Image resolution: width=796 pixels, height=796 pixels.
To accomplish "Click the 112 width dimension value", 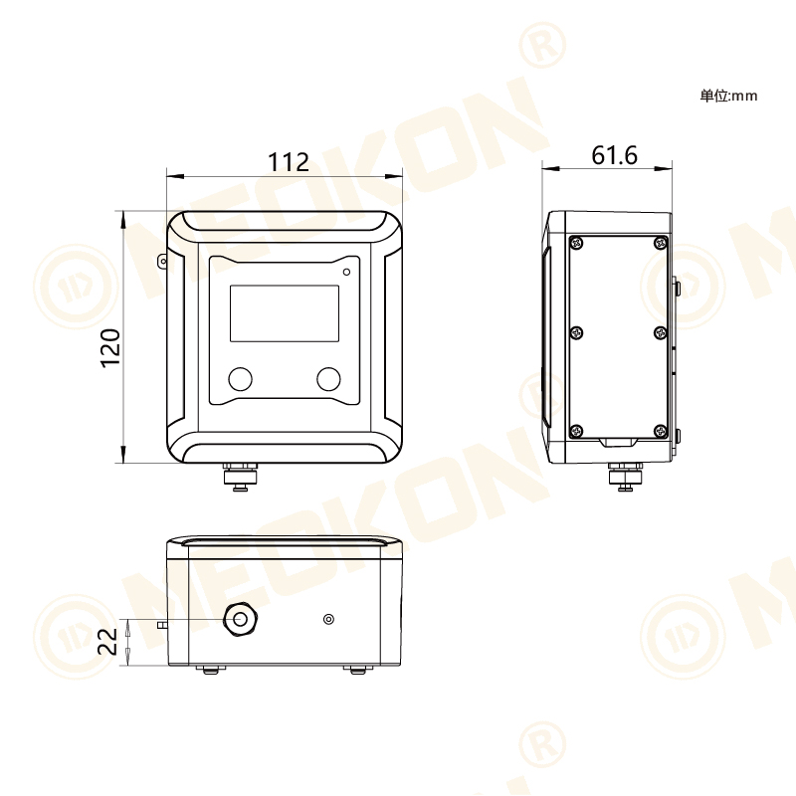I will (x=289, y=161).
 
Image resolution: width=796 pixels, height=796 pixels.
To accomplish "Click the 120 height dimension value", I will (x=110, y=347).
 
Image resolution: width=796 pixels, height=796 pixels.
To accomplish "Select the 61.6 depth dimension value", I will (x=614, y=155).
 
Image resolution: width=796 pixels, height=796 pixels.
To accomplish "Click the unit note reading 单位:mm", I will (x=728, y=96).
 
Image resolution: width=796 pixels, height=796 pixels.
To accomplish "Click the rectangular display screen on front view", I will (x=285, y=313).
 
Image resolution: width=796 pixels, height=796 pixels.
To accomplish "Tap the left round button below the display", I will (x=241, y=378).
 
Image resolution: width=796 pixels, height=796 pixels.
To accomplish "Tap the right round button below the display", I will (x=328, y=378).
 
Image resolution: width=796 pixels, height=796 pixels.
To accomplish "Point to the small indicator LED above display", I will (x=346, y=271).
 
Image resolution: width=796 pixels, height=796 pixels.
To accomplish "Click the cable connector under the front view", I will (x=240, y=478).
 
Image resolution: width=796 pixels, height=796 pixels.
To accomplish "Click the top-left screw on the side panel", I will (x=576, y=241).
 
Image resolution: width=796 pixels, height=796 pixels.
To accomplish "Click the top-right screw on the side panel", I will (x=661, y=241).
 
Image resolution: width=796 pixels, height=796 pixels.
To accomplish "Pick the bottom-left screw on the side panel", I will (x=576, y=430).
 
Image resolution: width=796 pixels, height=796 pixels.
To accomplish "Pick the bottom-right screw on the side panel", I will (x=661, y=430).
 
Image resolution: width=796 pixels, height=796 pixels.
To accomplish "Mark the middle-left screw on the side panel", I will (x=576, y=335).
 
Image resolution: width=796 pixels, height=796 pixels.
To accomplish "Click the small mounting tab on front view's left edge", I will (x=162, y=261).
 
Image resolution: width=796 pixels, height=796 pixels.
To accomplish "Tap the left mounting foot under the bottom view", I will (x=209, y=670).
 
